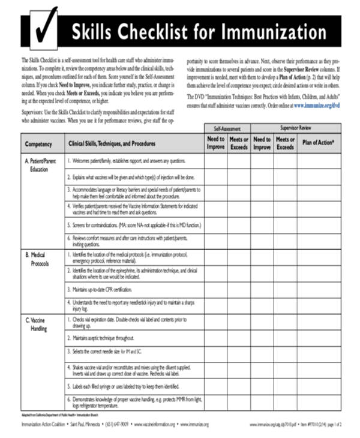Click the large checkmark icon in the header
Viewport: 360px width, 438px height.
tap(43, 28)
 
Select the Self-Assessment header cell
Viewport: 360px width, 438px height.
tap(226, 128)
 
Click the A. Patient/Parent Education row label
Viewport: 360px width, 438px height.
tap(40, 165)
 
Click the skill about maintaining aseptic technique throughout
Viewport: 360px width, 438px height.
tap(103, 338)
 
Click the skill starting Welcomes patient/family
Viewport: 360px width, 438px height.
tap(128, 161)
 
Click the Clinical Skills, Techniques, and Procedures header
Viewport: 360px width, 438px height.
tap(112, 144)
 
